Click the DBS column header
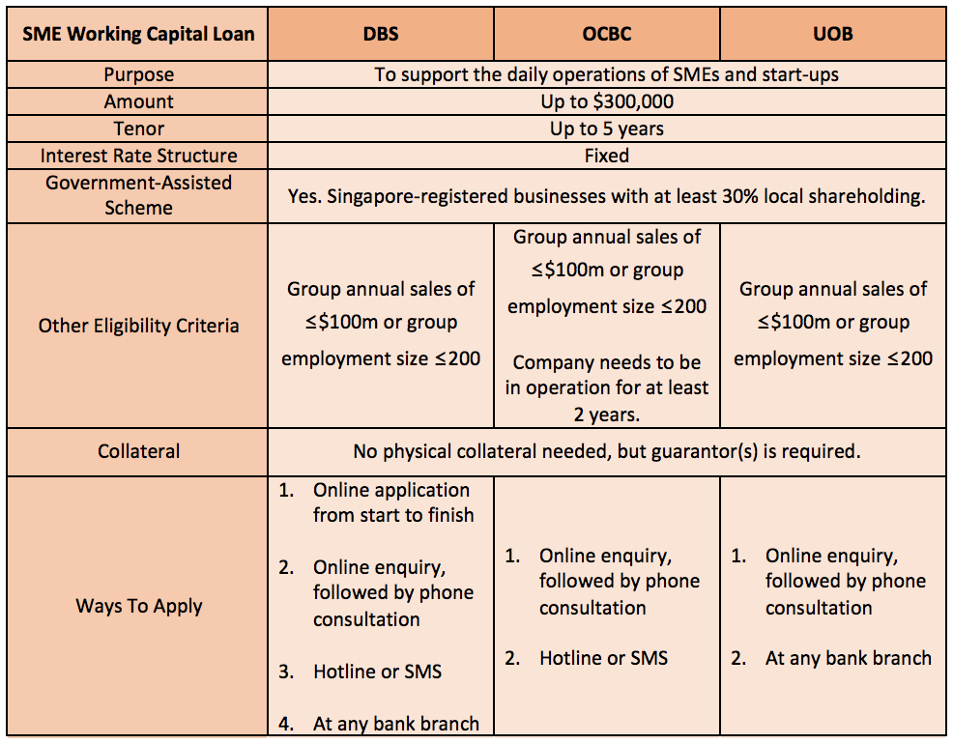380,34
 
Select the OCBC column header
606,34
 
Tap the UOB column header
832,34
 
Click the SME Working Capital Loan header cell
138,34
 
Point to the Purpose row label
138,74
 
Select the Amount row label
138,101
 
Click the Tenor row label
138,129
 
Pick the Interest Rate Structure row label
138,156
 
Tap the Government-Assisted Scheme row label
138,194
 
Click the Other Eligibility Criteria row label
138,326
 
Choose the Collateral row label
138,451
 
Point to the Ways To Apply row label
138,606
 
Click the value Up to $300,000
607,101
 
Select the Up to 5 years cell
607,129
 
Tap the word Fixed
607,156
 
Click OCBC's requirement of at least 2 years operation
606,387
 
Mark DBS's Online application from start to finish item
392,502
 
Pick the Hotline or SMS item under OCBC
603,658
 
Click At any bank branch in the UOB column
848,658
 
